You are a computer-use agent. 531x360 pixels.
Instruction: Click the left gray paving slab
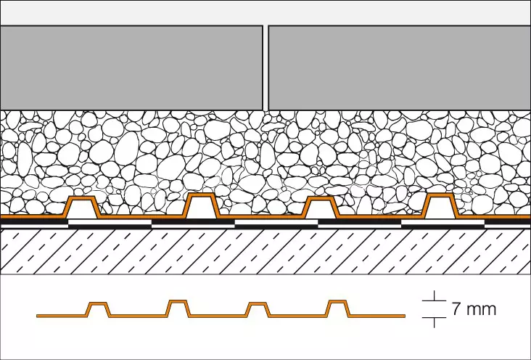click(131, 67)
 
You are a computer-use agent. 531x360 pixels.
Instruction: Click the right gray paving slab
click(399, 67)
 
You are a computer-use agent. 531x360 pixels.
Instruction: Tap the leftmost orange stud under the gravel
click(83, 201)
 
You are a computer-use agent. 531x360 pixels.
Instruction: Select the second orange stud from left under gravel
click(202, 198)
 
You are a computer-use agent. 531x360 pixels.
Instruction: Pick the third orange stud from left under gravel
click(320, 201)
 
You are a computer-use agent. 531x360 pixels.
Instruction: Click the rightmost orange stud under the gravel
click(440, 199)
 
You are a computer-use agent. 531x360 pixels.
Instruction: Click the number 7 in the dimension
click(456, 310)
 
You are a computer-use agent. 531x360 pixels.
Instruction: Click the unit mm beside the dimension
click(481, 310)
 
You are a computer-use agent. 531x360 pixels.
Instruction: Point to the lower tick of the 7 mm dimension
click(433, 318)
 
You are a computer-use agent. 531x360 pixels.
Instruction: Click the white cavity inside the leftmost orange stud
click(83, 211)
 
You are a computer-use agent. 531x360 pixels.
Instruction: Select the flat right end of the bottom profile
click(377, 315)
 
